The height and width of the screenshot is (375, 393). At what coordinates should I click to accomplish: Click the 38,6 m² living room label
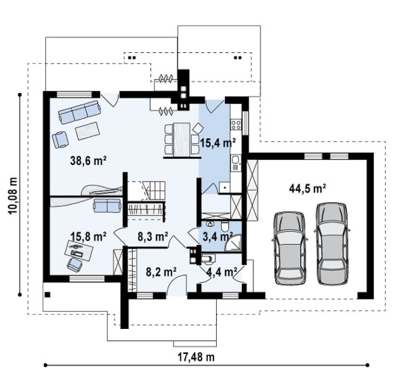(x=89, y=161)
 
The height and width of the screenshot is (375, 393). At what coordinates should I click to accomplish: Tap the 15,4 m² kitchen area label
(x=218, y=143)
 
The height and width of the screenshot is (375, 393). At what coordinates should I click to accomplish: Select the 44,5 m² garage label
(x=308, y=189)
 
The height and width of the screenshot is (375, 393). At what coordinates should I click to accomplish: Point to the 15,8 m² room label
(x=89, y=237)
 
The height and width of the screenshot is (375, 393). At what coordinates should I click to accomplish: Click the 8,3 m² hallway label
(x=152, y=237)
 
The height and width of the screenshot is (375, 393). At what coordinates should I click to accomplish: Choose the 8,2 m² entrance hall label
(x=161, y=271)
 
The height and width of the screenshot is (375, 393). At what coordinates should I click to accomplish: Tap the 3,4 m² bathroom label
(x=218, y=237)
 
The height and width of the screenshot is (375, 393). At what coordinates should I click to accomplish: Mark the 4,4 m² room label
(x=222, y=271)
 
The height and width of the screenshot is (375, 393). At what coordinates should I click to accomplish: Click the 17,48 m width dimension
(x=196, y=357)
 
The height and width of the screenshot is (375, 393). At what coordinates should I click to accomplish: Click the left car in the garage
(x=290, y=249)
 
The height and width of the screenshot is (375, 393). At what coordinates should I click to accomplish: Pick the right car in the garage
(x=332, y=243)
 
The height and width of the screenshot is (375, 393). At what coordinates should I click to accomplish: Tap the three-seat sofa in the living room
(x=80, y=112)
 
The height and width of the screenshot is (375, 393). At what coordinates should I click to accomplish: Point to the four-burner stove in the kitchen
(x=236, y=124)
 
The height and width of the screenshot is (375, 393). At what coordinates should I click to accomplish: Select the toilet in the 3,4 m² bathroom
(x=225, y=226)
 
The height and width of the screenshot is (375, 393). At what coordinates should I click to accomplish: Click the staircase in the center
(x=153, y=191)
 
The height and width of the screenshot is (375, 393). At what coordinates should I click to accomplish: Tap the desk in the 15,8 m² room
(x=79, y=250)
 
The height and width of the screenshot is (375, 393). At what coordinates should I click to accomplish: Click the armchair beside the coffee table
(x=60, y=140)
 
